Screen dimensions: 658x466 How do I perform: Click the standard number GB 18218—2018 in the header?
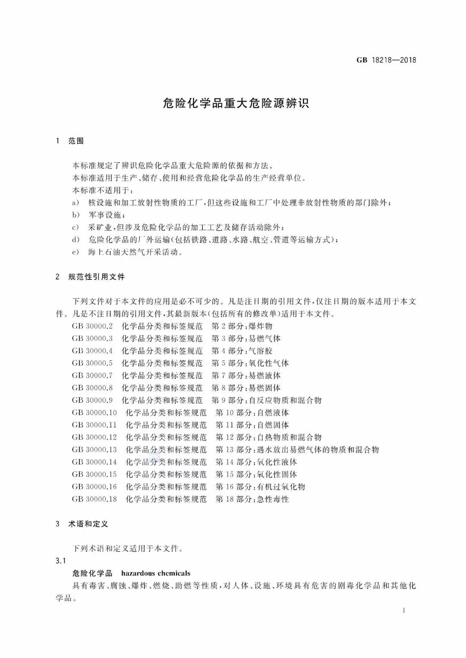coord(386,60)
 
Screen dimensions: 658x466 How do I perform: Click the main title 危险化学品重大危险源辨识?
coord(236,103)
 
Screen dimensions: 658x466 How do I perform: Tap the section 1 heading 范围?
coord(76,141)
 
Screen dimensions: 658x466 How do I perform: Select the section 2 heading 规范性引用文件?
coord(96,277)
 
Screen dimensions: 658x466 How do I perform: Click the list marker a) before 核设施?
coord(76,203)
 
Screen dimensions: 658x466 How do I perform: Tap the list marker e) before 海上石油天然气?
coord(76,252)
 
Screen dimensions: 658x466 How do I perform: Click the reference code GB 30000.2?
coord(92,326)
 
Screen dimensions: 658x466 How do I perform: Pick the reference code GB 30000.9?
coord(92,401)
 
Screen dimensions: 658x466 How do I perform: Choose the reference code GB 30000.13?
coord(94,450)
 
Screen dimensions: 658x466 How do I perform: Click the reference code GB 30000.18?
coord(94,499)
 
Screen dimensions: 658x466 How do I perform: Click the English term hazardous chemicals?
coord(156,573)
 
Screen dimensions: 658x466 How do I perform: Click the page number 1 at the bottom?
coord(403,610)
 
